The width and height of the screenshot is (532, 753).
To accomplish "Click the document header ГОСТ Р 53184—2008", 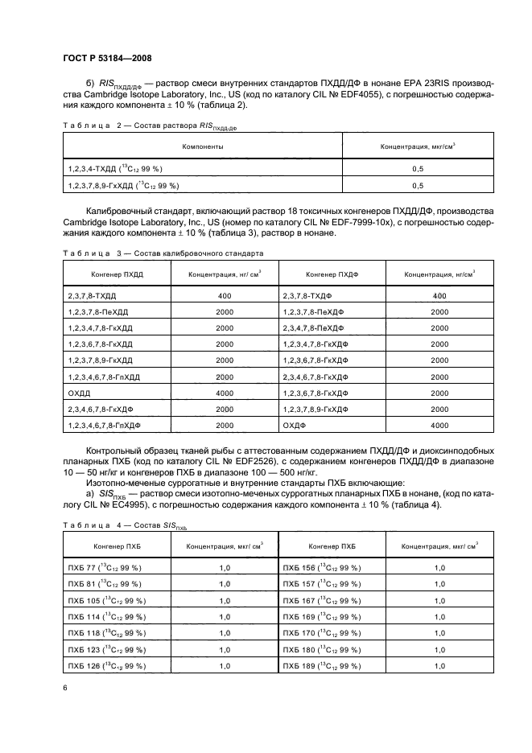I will click(x=107, y=58).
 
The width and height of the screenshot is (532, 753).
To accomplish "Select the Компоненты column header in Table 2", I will click(x=202, y=147).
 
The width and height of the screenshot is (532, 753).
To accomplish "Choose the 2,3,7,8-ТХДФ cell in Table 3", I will click(x=309, y=296).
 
